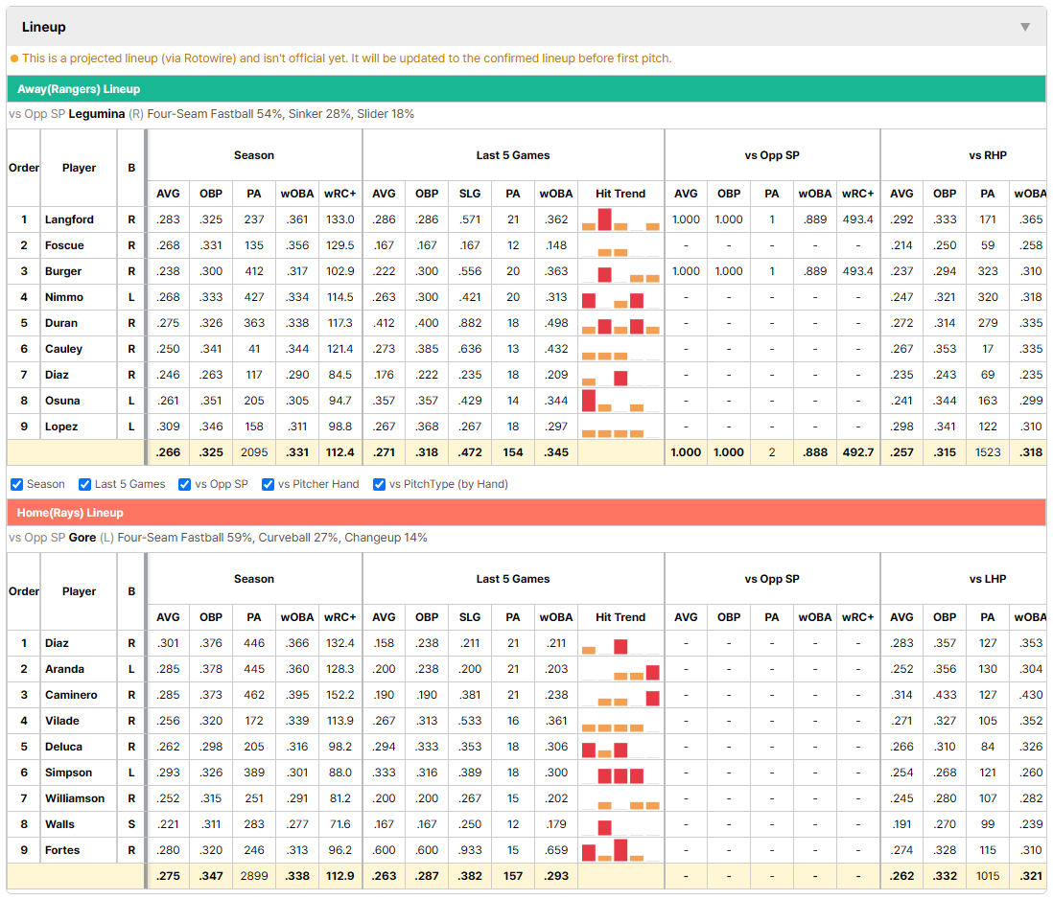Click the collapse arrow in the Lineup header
coord(1025,27)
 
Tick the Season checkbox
coord(17,484)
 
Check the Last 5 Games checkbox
coord(84,484)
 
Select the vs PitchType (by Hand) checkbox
coord(380,484)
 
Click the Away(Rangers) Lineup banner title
coord(79,88)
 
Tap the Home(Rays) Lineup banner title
coord(70,513)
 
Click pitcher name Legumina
coord(97,114)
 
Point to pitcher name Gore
coord(82,538)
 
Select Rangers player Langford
coord(69,219)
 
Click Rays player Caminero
coord(71,695)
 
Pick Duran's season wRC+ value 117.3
coord(339,323)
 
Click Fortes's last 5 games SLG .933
coord(470,849)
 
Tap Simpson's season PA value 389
coord(254,773)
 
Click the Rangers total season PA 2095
coord(254,452)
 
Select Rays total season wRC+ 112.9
coord(339,876)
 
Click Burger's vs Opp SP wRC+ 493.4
coord(857,271)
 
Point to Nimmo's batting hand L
coord(131,297)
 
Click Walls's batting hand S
coord(131,824)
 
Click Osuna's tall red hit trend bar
coord(588,401)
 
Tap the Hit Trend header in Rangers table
coord(620,194)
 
